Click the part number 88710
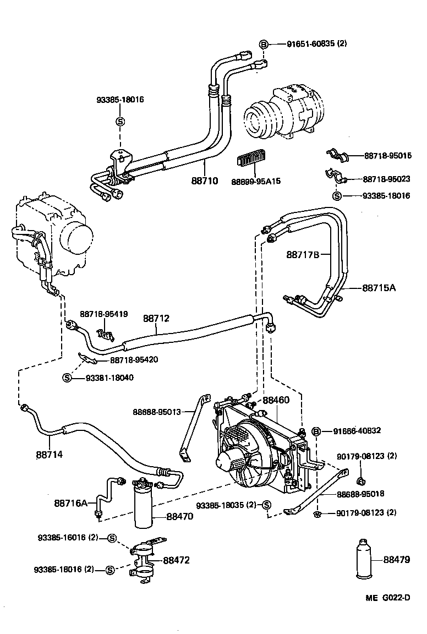pyautogui.click(x=205, y=181)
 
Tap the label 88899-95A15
pyautogui.click(x=256, y=181)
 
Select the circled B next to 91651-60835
pyautogui.click(x=264, y=44)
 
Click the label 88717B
pyautogui.click(x=303, y=254)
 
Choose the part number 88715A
pyautogui.click(x=379, y=288)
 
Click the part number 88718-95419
pyautogui.click(x=104, y=314)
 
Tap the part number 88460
pyautogui.click(x=275, y=401)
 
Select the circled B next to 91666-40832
pyautogui.click(x=317, y=431)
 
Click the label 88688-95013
pyautogui.click(x=157, y=411)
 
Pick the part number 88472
pyautogui.click(x=176, y=560)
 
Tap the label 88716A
pyautogui.click(x=71, y=503)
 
